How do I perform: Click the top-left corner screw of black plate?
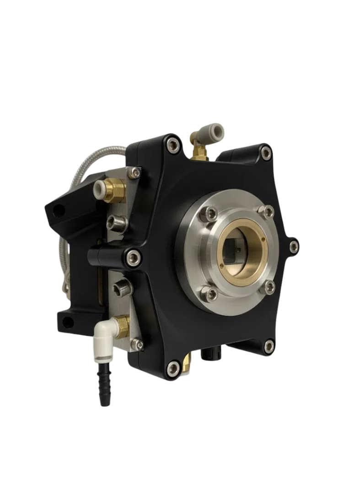coord(172,145)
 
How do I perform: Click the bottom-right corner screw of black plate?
coord(269,345)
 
